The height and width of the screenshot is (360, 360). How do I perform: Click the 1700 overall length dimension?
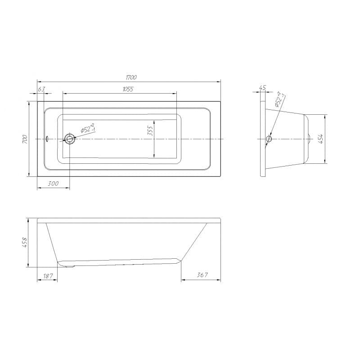point(131,77)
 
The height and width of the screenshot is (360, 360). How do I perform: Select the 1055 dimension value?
point(128,89)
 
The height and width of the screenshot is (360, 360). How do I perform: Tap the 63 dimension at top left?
point(41,89)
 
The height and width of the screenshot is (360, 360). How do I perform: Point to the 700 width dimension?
point(26,139)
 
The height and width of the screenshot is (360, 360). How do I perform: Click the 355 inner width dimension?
point(151,130)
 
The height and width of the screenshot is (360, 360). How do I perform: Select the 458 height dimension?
point(26,243)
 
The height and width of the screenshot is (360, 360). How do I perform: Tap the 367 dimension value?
point(202,275)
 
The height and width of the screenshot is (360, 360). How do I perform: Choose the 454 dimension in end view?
point(321,139)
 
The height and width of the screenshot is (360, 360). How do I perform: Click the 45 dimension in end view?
point(263,88)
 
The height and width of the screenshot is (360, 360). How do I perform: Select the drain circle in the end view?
point(269,139)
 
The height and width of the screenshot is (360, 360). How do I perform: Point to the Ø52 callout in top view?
point(87,129)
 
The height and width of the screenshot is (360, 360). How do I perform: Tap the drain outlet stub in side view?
point(69,266)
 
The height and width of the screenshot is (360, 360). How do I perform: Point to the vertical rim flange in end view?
point(262,139)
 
